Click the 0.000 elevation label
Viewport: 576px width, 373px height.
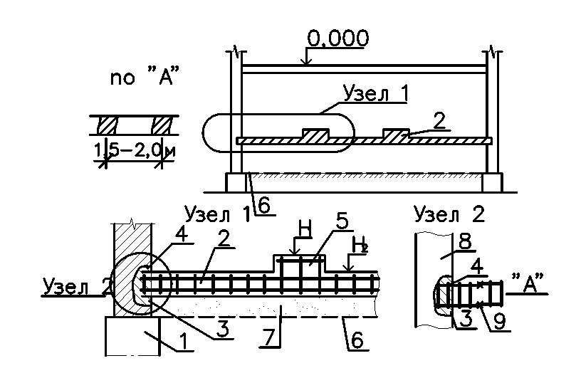337,38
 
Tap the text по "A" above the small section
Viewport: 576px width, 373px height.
143,77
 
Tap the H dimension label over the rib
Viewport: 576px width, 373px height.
304,229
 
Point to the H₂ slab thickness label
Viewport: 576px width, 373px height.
360,246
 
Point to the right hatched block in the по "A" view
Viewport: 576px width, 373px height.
163,125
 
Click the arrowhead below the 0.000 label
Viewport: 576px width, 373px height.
305,63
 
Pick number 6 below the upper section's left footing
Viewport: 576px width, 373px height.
264,205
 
